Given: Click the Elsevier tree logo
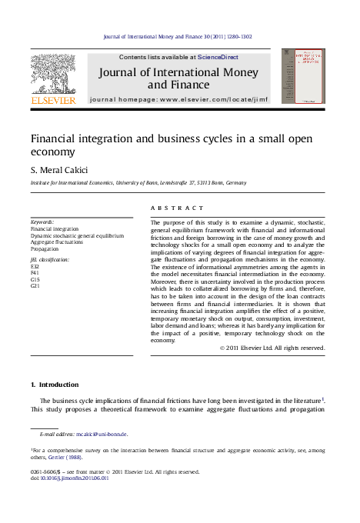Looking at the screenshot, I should click(53, 73).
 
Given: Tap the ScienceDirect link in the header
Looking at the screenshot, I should click(218, 57).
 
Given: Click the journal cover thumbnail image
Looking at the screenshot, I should click(302, 78).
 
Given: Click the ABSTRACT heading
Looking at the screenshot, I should click(178, 208).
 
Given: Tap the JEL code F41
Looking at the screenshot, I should click(35, 273).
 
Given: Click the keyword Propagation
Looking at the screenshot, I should click(45, 248).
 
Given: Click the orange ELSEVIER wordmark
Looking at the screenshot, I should click(53, 101).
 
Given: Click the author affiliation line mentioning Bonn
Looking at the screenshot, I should click(138, 183).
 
